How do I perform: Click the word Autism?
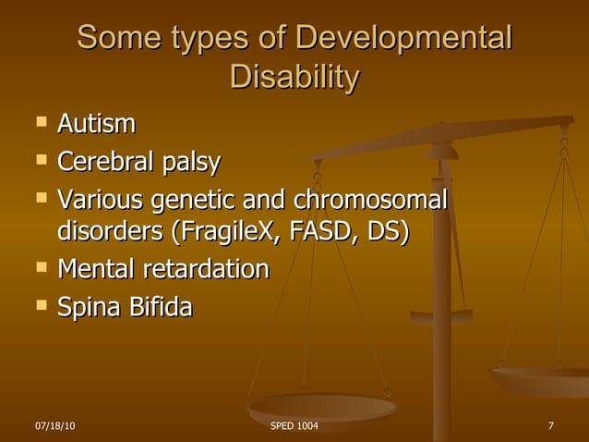[96, 123]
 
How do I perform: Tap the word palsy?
[192, 164]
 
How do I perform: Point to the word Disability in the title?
[294, 78]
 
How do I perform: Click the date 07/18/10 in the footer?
[54, 425]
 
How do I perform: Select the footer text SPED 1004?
[294, 425]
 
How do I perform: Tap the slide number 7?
[550, 425]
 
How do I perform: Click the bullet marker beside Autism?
[38, 122]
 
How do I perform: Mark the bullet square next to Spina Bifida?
[38, 305]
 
